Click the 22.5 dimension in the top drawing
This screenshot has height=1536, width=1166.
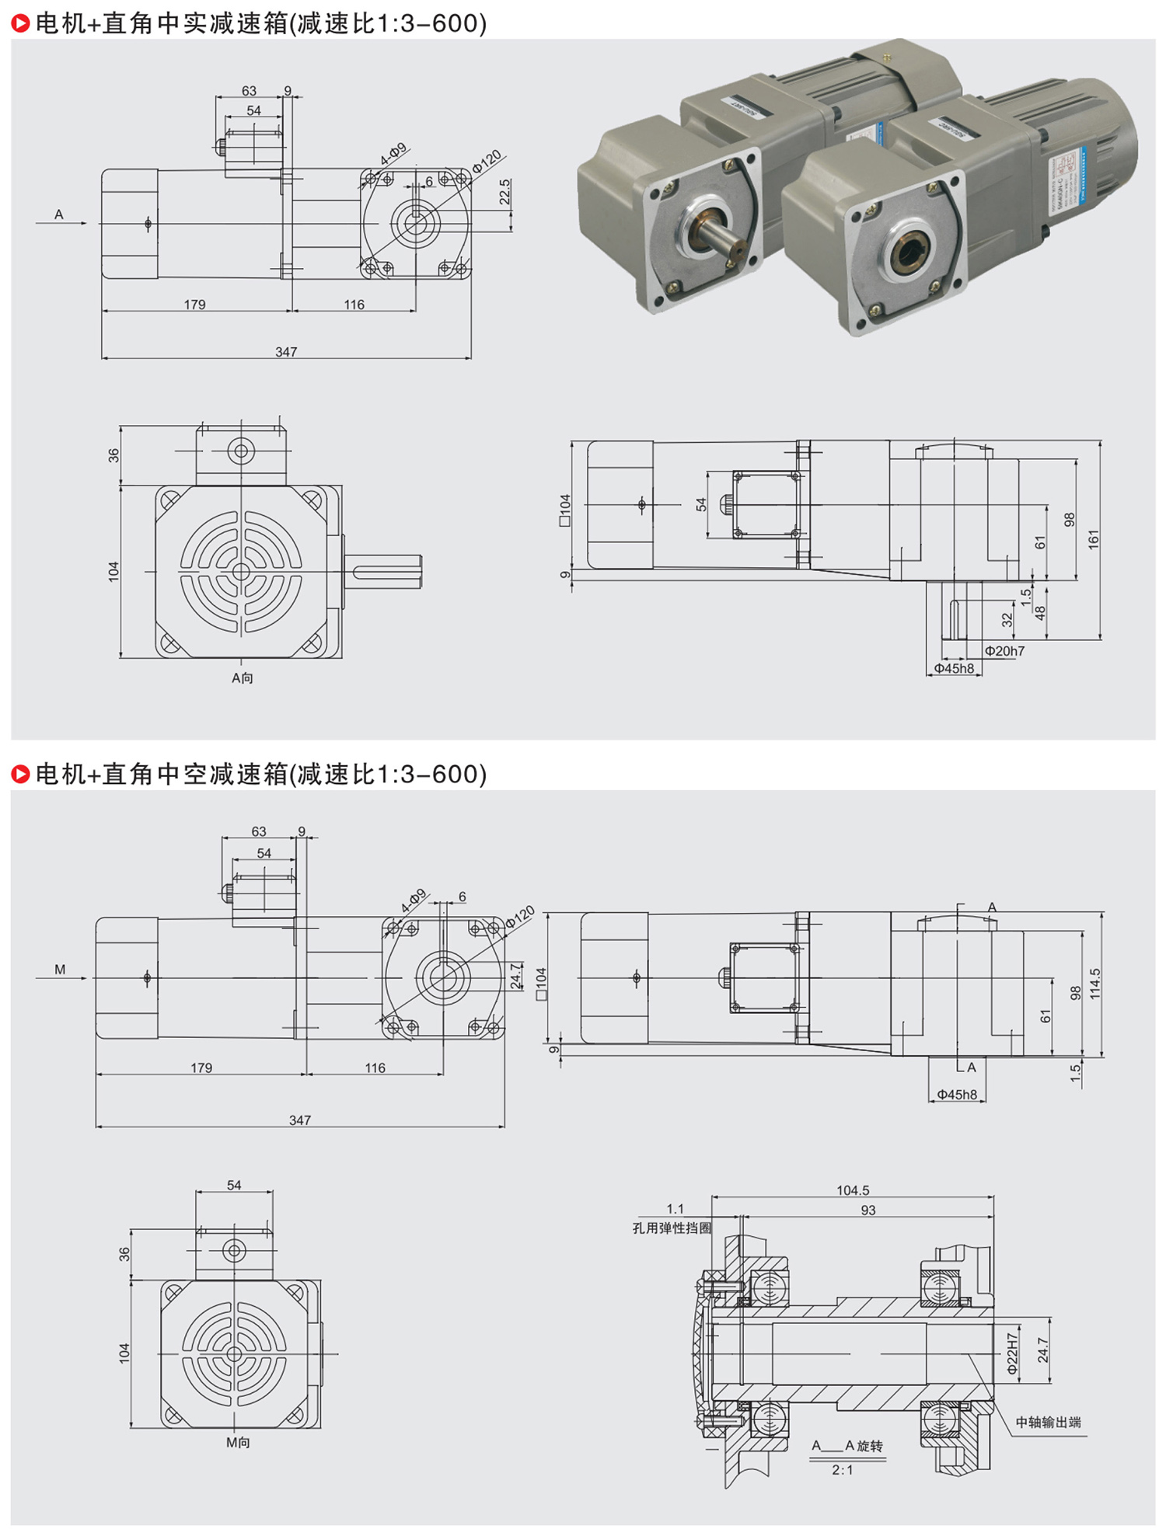click(x=505, y=192)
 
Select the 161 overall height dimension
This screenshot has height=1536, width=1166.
click(x=1094, y=540)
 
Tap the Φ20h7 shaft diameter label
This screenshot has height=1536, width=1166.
click(x=1004, y=651)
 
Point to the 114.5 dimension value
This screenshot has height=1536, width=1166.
click(x=1095, y=984)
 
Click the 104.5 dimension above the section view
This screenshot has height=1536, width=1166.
click(x=853, y=1190)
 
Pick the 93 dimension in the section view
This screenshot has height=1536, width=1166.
click(x=868, y=1210)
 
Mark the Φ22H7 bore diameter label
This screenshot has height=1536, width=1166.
click(x=1012, y=1355)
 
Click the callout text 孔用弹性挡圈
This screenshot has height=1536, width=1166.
click(x=672, y=1228)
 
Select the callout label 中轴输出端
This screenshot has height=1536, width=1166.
click(x=1048, y=1423)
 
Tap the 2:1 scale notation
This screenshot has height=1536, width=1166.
click(x=843, y=1470)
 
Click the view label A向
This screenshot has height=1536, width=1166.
click(x=243, y=678)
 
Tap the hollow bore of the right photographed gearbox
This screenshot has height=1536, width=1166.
click(x=909, y=253)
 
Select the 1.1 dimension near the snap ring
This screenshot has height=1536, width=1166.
click(x=675, y=1209)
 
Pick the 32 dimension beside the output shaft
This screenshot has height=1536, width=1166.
click(x=1007, y=620)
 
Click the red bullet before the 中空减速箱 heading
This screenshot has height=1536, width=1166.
click(x=21, y=775)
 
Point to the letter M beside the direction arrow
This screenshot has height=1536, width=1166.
click(x=60, y=970)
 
